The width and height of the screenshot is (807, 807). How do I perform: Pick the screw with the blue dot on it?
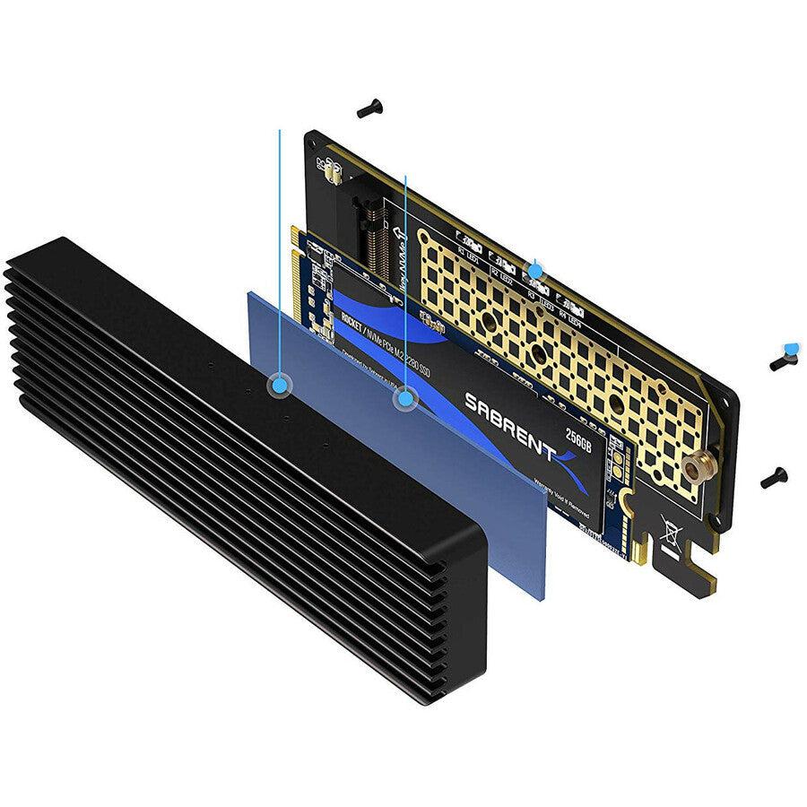(x=784, y=358)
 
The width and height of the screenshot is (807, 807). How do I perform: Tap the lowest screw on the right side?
(x=773, y=478)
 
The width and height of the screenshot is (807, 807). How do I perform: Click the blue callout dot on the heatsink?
(x=281, y=385)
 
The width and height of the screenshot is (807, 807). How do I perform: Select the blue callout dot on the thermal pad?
(x=406, y=398)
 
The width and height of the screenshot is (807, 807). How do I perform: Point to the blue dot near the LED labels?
(x=535, y=269)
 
